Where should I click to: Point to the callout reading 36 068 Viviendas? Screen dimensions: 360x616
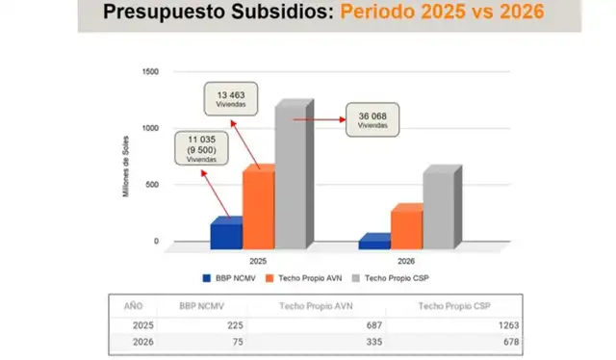[x=372, y=121]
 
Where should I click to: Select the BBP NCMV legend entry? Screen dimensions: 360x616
[x=227, y=277]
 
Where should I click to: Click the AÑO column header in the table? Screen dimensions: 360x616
[x=133, y=305]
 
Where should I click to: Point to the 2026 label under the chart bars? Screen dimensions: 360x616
[x=406, y=260]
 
